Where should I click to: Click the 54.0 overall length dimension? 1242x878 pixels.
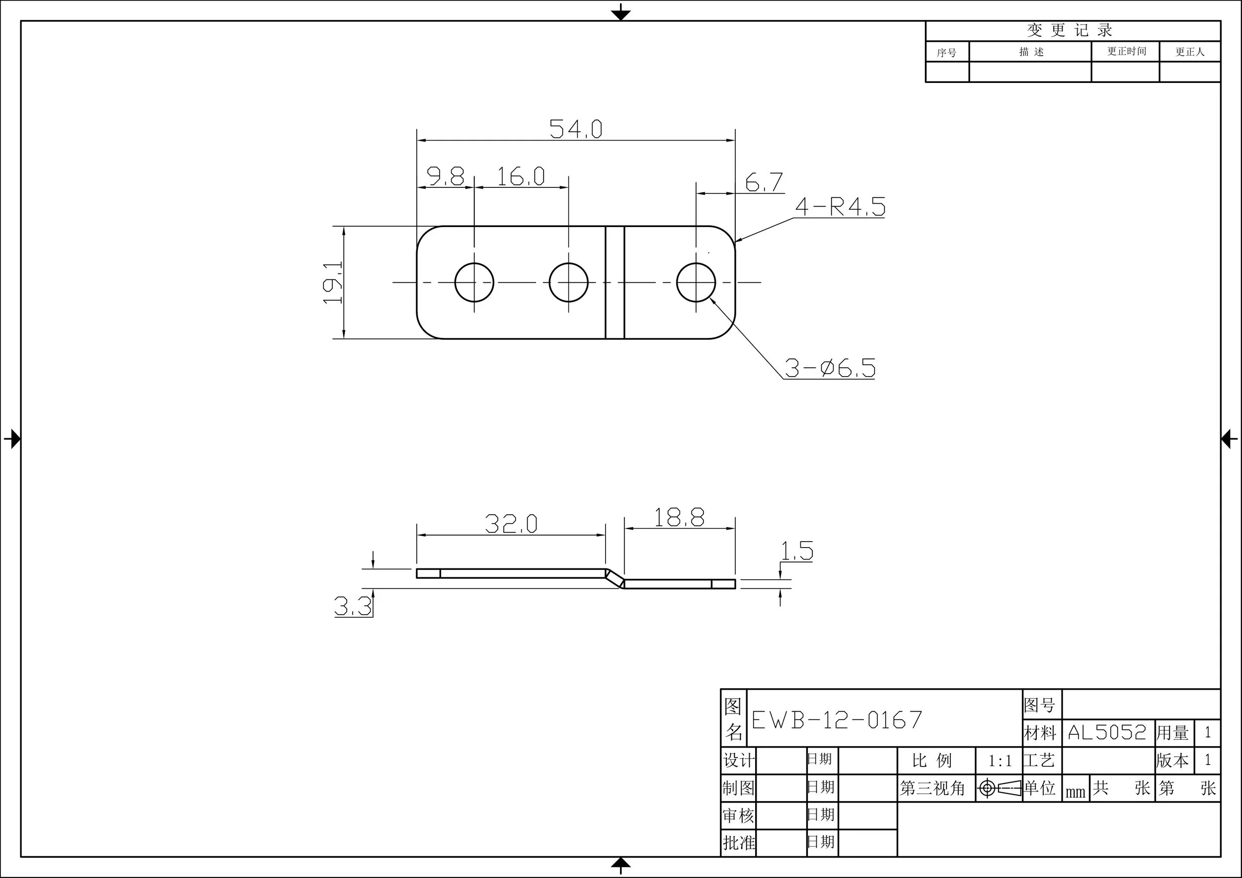(576, 129)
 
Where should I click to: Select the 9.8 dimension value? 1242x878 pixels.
(445, 176)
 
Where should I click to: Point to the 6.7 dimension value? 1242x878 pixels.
(763, 182)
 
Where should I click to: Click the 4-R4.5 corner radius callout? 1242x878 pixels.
(840, 207)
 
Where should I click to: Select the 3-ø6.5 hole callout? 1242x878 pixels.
(830, 368)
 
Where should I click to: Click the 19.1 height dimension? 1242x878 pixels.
(333, 282)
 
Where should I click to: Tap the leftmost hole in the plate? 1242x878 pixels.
(474, 282)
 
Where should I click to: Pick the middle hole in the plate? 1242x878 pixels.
(568, 282)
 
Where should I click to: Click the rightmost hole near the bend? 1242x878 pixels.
(696, 282)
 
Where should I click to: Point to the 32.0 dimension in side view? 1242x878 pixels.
(511, 523)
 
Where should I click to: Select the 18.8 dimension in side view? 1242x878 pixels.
(679, 517)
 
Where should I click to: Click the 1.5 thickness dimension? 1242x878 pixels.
(797, 551)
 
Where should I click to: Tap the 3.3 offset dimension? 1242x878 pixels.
(353, 606)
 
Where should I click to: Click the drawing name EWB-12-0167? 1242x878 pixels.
(837, 719)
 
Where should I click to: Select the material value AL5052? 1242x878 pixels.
(1107, 732)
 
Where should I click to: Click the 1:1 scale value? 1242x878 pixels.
(1000, 761)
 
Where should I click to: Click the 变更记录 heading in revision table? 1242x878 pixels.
(1070, 30)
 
